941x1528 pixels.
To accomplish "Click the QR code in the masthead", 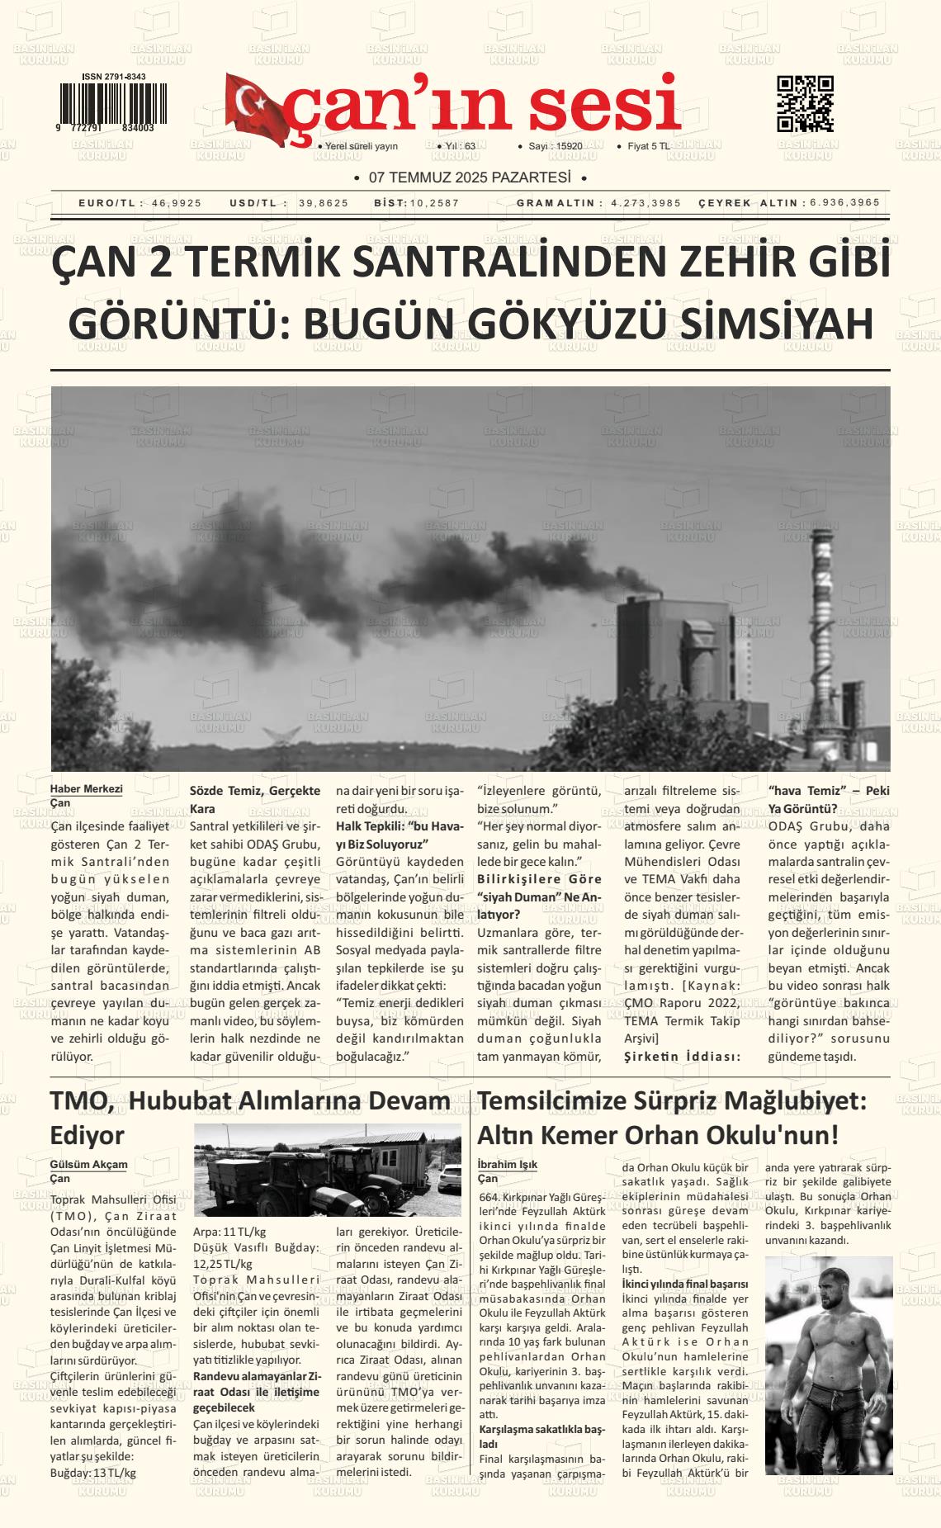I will pyautogui.click(x=805, y=104).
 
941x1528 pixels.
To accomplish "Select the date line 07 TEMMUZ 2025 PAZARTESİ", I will pyautogui.click(x=470, y=177).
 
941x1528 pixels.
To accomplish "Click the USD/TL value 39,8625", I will pyautogui.click(x=324, y=203).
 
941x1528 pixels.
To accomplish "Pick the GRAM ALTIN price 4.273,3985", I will pyautogui.click(x=646, y=203).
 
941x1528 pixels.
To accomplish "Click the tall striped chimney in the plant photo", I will pyautogui.click(x=822, y=611).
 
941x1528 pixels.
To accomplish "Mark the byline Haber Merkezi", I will pyautogui.click(x=87, y=788).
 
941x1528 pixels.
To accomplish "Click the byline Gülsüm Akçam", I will pyautogui.click(x=89, y=1164).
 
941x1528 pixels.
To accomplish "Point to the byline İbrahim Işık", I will pyautogui.click(x=508, y=1164).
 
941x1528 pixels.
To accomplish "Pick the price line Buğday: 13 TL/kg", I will pyautogui.click(x=93, y=1473).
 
